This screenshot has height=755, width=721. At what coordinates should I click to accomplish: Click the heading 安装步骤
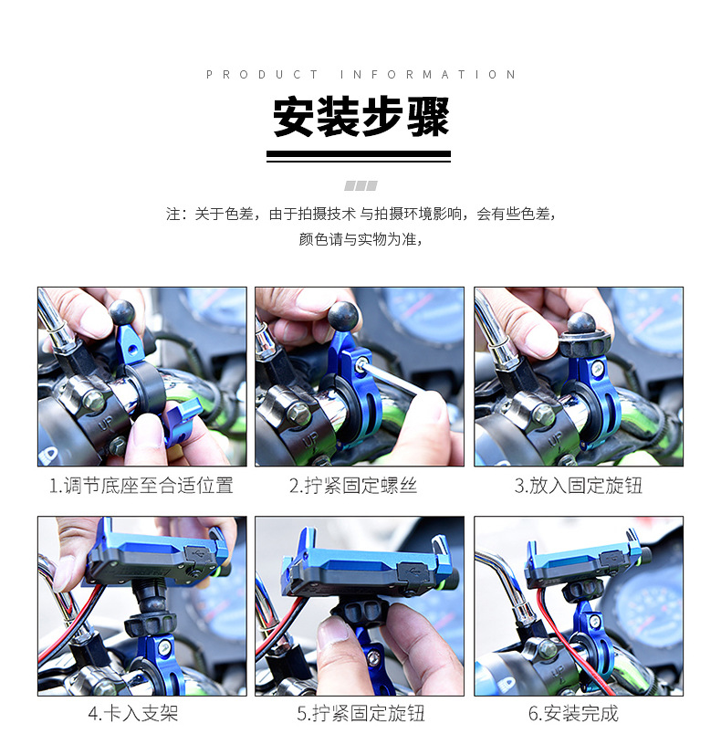(x=360, y=119)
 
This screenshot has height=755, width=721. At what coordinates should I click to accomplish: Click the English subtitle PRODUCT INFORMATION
(x=360, y=75)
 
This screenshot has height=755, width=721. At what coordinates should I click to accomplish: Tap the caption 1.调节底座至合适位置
(x=141, y=486)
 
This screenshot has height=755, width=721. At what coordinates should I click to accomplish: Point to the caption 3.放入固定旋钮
(x=578, y=486)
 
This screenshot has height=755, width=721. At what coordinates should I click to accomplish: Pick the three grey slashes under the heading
(x=360, y=185)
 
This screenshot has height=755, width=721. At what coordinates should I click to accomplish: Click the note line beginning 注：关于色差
(x=360, y=214)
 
